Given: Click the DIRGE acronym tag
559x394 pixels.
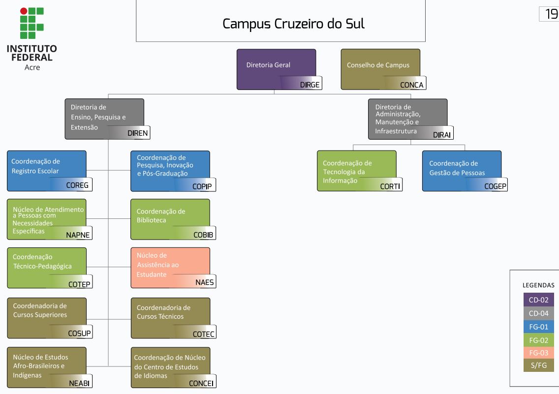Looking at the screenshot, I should point(310,85).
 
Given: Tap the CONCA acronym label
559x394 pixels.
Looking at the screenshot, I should point(411,85).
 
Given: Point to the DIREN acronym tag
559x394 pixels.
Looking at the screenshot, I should point(137,133).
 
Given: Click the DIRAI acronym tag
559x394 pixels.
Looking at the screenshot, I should point(442,135).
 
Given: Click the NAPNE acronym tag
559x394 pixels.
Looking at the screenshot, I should point(78,235).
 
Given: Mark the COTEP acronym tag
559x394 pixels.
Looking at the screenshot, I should point(79,284).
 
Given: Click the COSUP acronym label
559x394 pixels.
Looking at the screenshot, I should point(79,333).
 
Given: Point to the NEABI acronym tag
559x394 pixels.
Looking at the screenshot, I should point(79,383).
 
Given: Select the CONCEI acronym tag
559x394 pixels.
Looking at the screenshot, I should point(201,383).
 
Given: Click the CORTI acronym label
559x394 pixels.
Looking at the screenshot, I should point(390,186).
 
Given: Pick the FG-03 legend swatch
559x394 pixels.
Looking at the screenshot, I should point(538,352).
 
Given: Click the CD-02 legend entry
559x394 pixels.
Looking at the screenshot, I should point(538,300).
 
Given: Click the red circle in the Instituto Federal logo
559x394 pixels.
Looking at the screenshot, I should point(24,11).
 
